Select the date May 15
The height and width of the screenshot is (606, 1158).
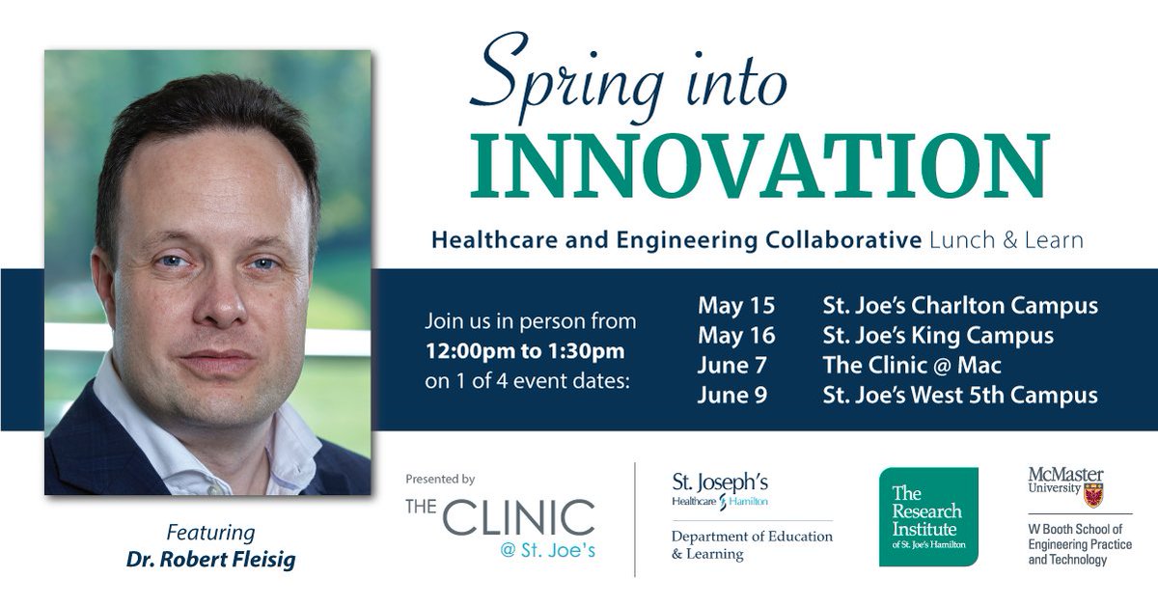736,307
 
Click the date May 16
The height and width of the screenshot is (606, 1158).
736,336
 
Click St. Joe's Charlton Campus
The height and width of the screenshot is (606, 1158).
959,307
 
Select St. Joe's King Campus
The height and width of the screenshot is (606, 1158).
937,336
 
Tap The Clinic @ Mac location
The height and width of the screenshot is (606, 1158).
912,366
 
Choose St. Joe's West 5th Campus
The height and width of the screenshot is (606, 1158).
959,396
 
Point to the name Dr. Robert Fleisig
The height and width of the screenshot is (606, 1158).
211,559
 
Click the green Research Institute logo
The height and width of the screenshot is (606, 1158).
927,516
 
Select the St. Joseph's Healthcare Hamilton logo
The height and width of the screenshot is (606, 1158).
720,490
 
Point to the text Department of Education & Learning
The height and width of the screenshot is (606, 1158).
751,545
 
